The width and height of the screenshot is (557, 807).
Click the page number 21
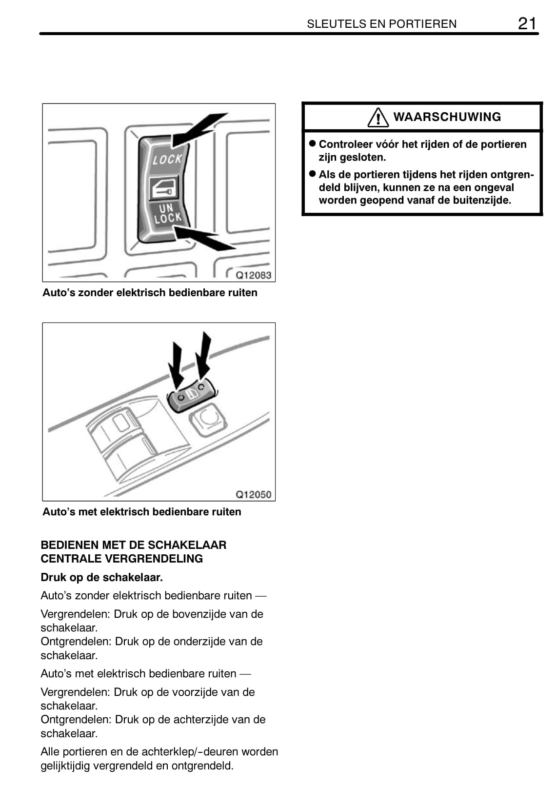coord(527,23)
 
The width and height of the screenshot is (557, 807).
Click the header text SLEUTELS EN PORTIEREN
coord(381,24)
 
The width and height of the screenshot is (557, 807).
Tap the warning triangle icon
coord(378,118)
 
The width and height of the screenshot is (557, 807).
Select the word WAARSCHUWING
coord(447,117)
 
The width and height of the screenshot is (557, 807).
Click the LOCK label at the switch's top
coord(167,159)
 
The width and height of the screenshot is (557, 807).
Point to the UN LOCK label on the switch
coord(167,214)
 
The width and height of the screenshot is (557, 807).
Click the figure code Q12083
coord(253,275)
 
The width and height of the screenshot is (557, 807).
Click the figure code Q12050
coord(253,494)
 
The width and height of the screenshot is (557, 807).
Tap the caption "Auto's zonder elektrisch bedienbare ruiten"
coord(150,293)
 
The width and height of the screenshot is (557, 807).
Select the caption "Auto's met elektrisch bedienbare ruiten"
coord(141,512)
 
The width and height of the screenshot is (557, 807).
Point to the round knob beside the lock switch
coord(206,419)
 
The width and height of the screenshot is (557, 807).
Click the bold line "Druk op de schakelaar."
coord(101,577)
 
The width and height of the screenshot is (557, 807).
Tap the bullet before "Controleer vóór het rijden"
coord(313,144)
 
